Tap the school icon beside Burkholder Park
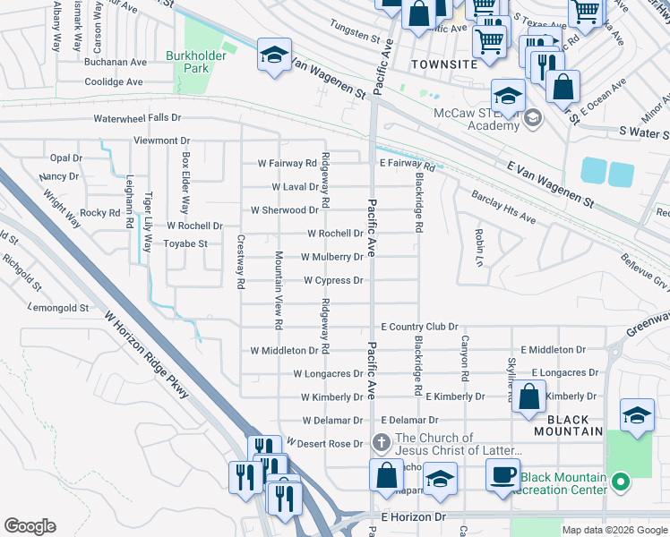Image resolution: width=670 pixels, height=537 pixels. coord(275,55)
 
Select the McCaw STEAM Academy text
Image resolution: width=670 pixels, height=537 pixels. coord(477,119)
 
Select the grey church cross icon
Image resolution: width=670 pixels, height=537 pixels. coord(381,442)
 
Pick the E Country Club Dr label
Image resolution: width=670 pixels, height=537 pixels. coord(419,328)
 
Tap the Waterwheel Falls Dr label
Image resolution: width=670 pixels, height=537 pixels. coord(137,118)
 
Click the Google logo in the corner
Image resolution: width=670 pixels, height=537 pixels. coord(30,526)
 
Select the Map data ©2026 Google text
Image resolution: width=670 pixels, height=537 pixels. coord(614,530)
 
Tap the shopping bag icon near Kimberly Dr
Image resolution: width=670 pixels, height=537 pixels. coord(529,397)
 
